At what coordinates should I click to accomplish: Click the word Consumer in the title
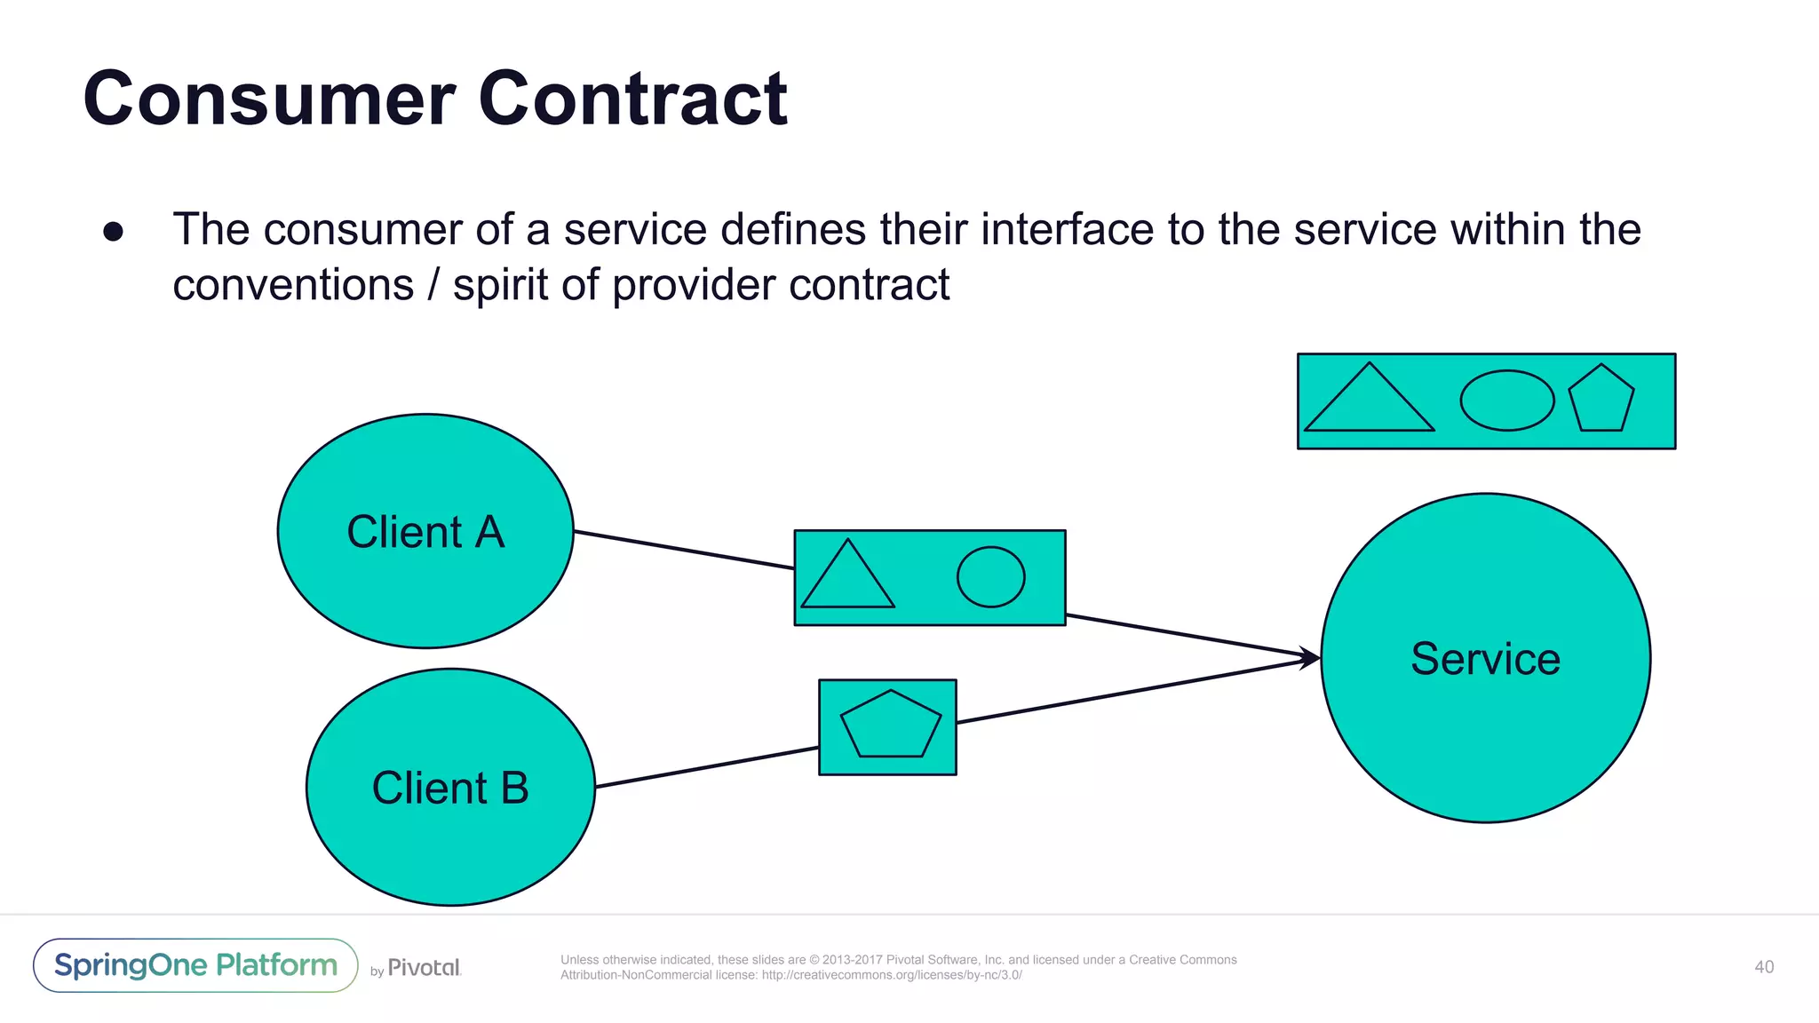click(269, 99)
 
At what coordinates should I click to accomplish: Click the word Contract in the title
click(632, 99)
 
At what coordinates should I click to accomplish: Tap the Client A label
click(425, 532)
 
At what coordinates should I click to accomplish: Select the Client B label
click(450, 788)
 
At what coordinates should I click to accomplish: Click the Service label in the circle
click(1485, 659)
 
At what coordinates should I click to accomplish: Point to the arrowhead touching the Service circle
click(1312, 658)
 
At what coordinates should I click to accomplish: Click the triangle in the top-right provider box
click(1369, 404)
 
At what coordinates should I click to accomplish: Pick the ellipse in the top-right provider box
click(1506, 400)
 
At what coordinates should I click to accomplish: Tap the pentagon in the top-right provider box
click(1601, 400)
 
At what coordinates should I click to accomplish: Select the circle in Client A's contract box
click(990, 577)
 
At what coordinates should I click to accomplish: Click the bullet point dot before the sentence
click(113, 232)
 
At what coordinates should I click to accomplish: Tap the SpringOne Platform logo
click(195, 965)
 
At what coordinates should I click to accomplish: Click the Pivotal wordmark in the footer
click(424, 967)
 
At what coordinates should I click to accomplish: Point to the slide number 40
click(1764, 967)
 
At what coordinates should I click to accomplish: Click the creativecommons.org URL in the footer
click(892, 975)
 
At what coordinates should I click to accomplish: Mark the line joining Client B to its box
click(706, 767)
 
